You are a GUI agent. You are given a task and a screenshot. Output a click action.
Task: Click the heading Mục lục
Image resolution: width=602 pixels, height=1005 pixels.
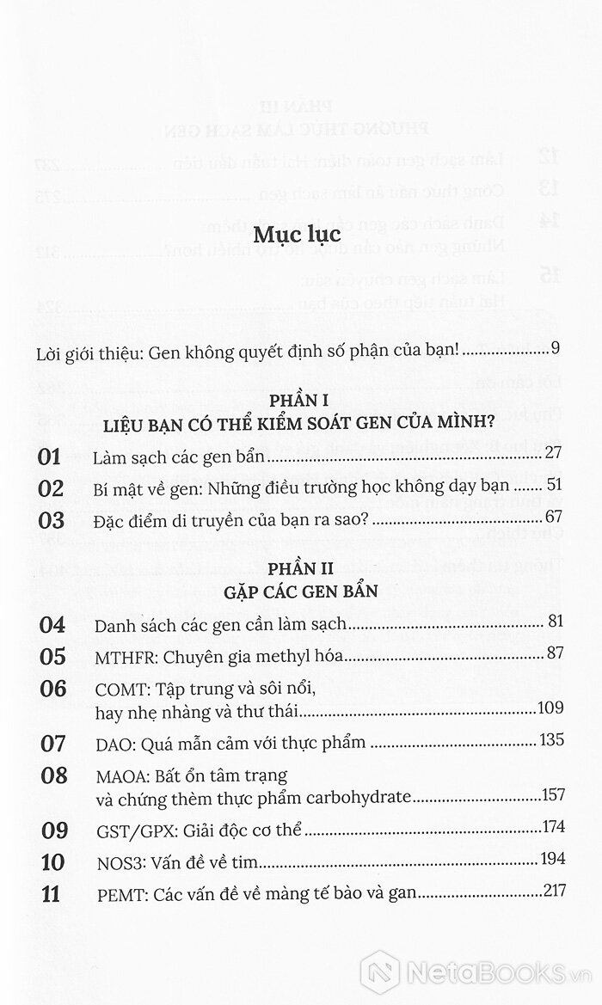(300, 234)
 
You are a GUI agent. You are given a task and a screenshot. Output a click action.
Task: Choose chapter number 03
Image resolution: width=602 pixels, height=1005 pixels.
(52, 520)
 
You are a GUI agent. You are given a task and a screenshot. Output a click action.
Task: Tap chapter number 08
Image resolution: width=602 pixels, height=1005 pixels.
(52, 776)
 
